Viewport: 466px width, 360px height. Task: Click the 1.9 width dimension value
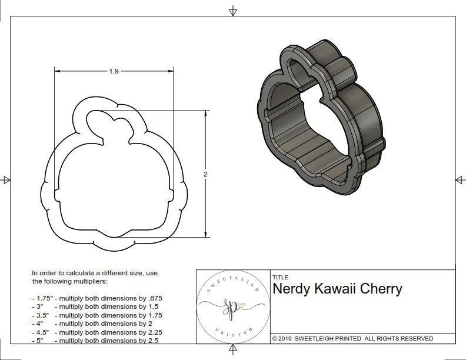[x=114, y=71]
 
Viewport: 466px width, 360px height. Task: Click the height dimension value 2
[x=205, y=174]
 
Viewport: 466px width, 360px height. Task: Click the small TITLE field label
[x=279, y=277]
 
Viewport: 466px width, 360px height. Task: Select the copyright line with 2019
[x=352, y=338]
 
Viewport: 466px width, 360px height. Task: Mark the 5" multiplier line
[x=97, y=340]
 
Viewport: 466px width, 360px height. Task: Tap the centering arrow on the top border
[x=233, y=11]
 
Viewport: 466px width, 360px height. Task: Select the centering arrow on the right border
[x=459, y=179]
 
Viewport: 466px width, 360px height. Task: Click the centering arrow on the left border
[x=6, y=179]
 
